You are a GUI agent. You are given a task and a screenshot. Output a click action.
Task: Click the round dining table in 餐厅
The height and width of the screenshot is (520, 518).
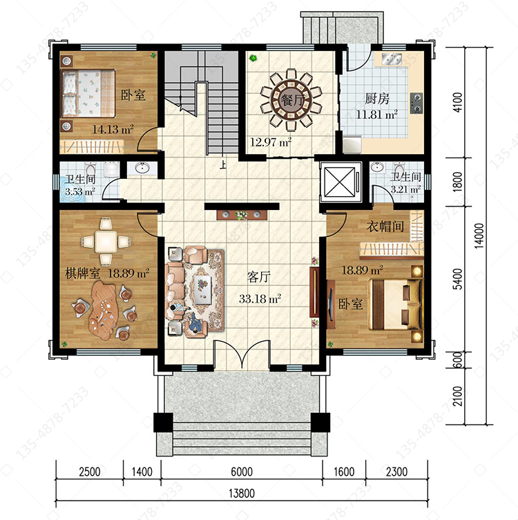click(291, 99)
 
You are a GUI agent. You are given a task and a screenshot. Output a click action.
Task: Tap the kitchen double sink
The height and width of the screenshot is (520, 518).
click(392, 59)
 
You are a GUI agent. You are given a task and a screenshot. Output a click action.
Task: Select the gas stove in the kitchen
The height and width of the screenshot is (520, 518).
click(416, 103)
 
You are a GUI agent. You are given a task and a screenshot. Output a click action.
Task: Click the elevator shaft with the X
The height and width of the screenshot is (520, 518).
click(340, 182)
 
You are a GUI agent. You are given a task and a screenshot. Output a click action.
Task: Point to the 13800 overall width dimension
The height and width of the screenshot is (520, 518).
click(242, 493)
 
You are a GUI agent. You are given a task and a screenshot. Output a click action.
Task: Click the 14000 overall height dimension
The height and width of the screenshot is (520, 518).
click(479, 235)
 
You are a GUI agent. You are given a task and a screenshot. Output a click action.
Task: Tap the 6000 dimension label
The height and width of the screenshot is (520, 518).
click(242, 472)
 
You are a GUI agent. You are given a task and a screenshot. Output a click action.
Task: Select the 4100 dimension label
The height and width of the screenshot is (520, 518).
click(457, 102)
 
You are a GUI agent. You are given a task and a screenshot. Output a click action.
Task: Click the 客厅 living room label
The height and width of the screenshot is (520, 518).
click(259, 277)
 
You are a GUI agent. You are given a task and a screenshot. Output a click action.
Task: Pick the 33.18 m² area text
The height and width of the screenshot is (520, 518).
click(260, 299)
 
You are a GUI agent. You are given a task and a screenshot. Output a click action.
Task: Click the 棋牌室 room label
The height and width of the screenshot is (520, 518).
click(83, 273)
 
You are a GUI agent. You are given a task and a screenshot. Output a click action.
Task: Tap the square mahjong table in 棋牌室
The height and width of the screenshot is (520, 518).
click(106, 242)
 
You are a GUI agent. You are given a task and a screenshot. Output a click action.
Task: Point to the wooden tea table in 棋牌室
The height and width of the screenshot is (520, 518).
click(103, 310)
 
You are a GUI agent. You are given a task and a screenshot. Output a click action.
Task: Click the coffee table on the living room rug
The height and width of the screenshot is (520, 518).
click(202, 289)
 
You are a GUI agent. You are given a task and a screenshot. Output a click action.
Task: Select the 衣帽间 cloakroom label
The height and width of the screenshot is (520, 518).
click(385, 227)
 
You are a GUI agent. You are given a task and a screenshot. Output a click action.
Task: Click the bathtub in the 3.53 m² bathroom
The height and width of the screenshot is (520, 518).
click(72, 190)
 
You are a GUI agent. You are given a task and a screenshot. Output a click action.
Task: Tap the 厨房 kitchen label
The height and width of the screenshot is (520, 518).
click(377, 99)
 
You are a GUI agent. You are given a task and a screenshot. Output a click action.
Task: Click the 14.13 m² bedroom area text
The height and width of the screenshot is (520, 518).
click(113, 129)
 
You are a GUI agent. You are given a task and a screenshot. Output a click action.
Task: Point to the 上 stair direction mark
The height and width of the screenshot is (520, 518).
click(223, 164)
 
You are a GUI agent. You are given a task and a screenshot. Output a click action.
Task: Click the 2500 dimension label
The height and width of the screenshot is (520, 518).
click(90, 472)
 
